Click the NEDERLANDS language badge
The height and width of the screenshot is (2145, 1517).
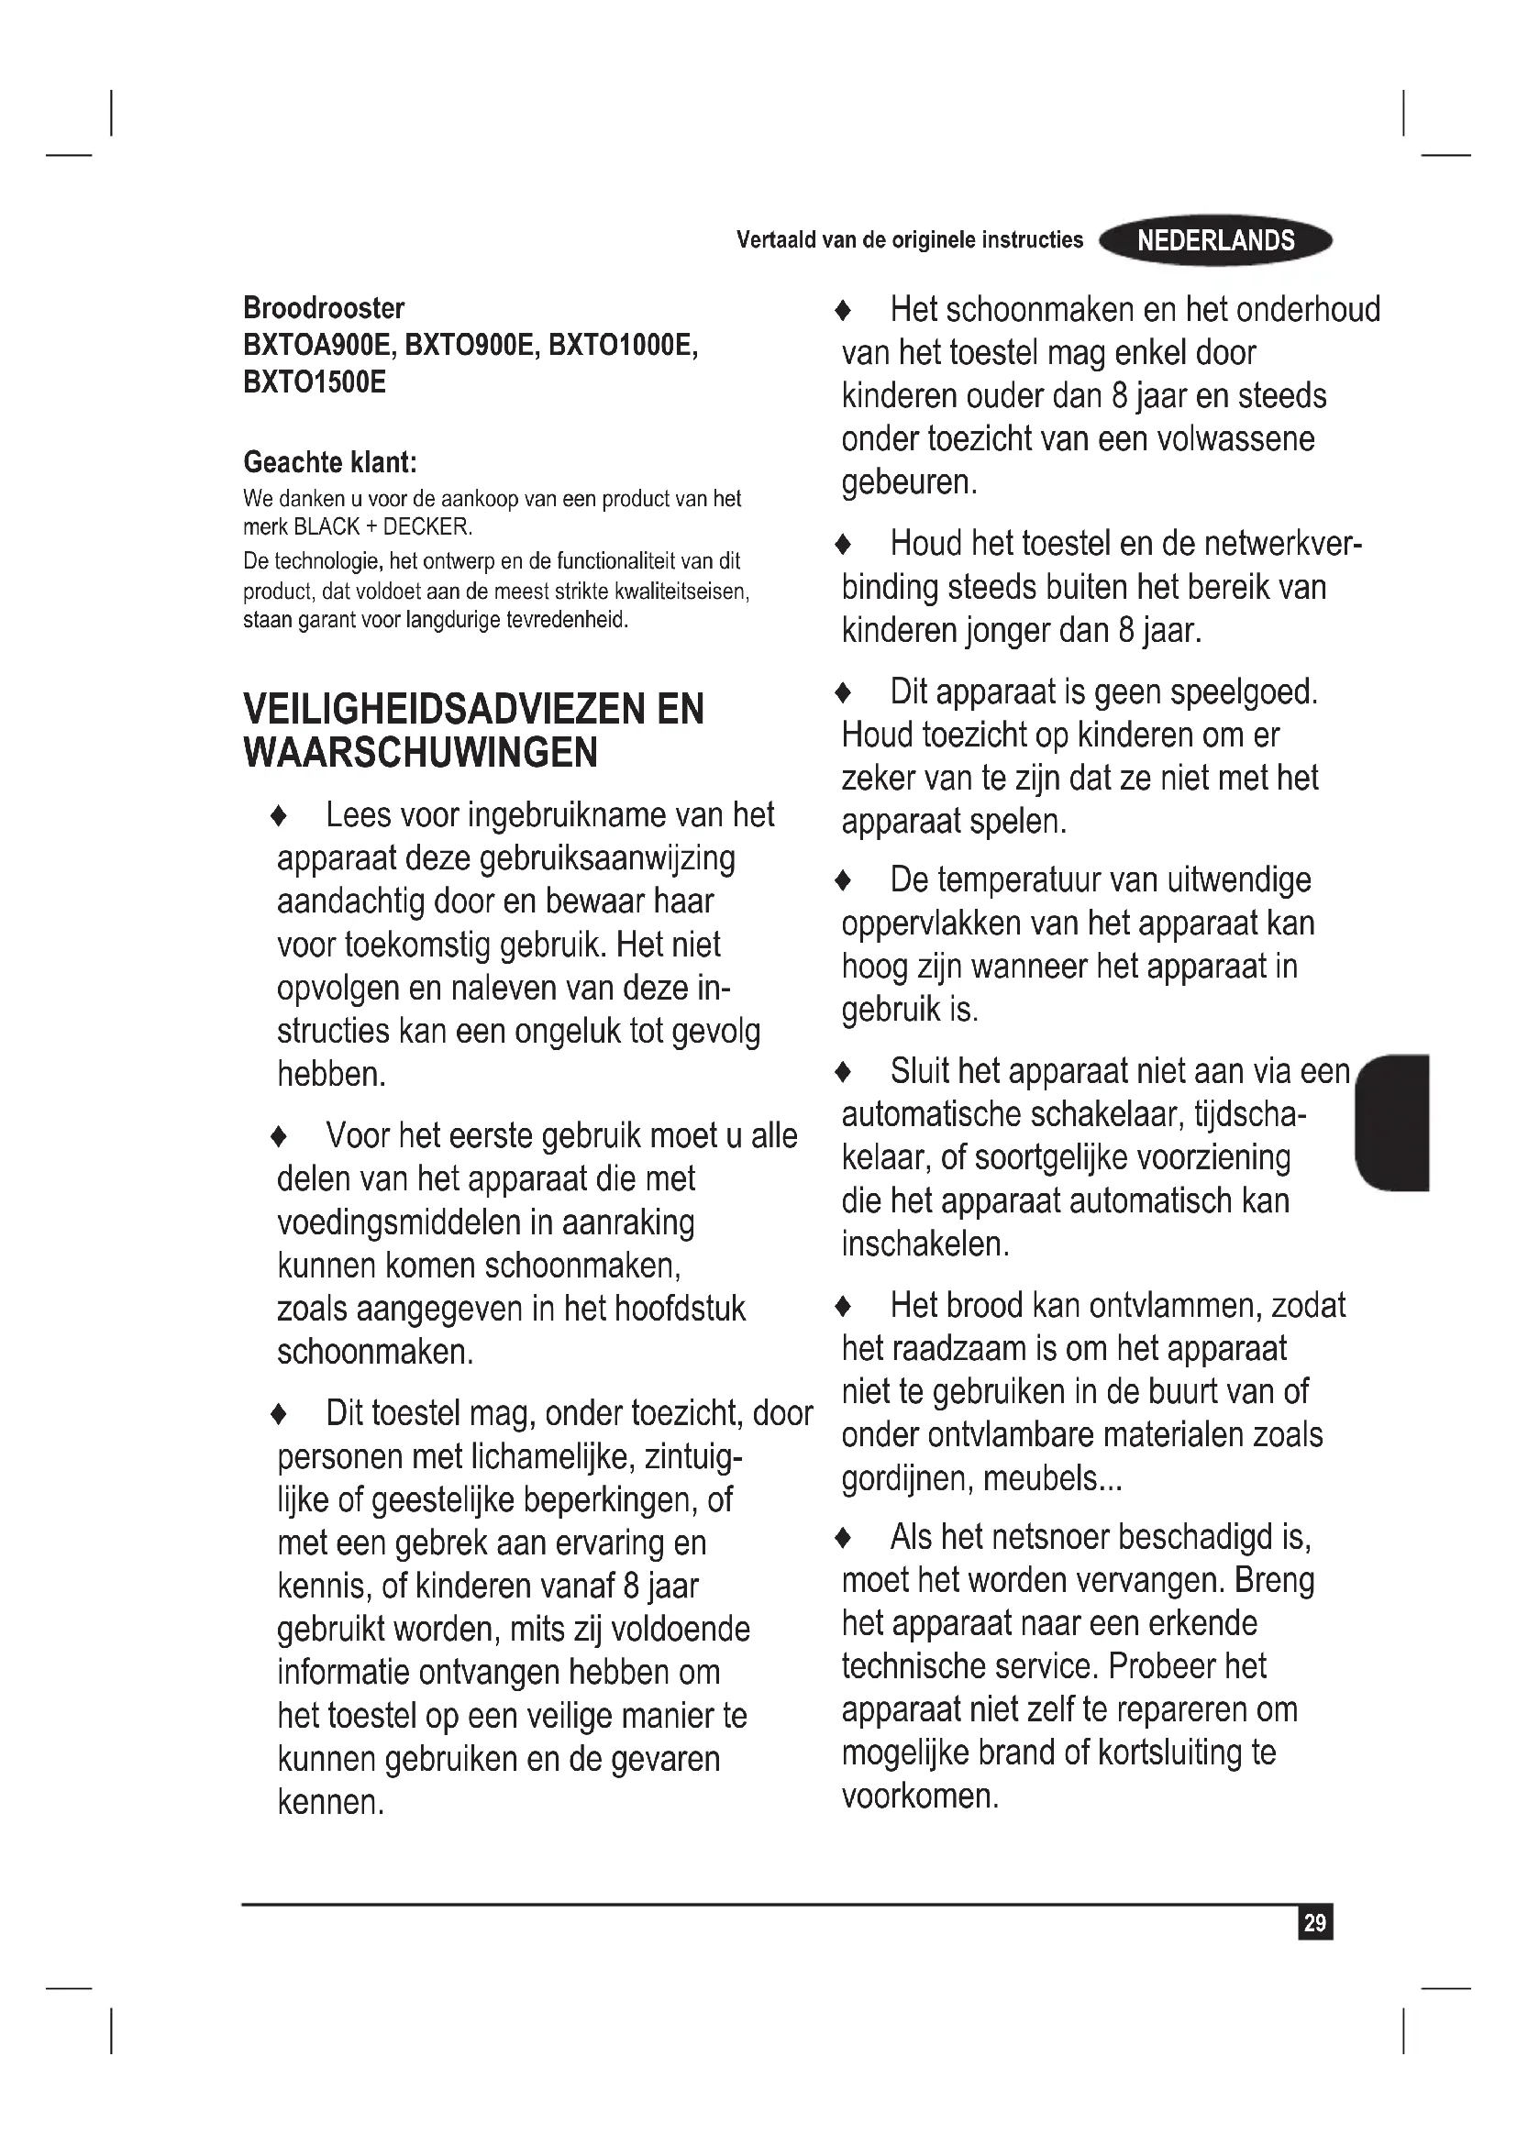(x=1215, y=241)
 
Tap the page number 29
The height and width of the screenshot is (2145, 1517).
(x=1314, y=1923)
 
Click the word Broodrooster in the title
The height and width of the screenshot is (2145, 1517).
(x=323, y=307)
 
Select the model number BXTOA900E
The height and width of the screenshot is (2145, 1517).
(x=316, y=345)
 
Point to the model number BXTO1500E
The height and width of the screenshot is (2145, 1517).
(x=314, y=382)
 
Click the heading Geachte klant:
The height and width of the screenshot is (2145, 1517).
(x=330, y=461)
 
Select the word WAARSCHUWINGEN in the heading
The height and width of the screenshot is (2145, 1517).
(x=420, y=753)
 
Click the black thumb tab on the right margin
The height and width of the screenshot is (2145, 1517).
(x=1393, y=1122)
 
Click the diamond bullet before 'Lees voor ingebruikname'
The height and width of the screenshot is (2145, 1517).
(x=277, y=816)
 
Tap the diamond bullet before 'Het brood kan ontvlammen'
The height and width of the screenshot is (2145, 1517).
(x=843, y=1306)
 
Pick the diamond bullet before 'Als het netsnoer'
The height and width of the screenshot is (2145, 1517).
(x=843, y=1537)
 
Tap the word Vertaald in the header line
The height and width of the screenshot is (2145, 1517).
(x=775, y=240)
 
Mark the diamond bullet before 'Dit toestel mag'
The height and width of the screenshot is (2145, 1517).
(x=277, y=1414)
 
